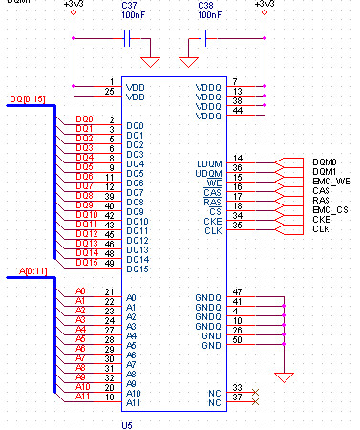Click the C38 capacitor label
tap(198, 6)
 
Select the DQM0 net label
tap(325, 161)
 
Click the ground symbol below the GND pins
tap(284, 375)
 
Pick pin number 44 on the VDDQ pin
tap(238, 110)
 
